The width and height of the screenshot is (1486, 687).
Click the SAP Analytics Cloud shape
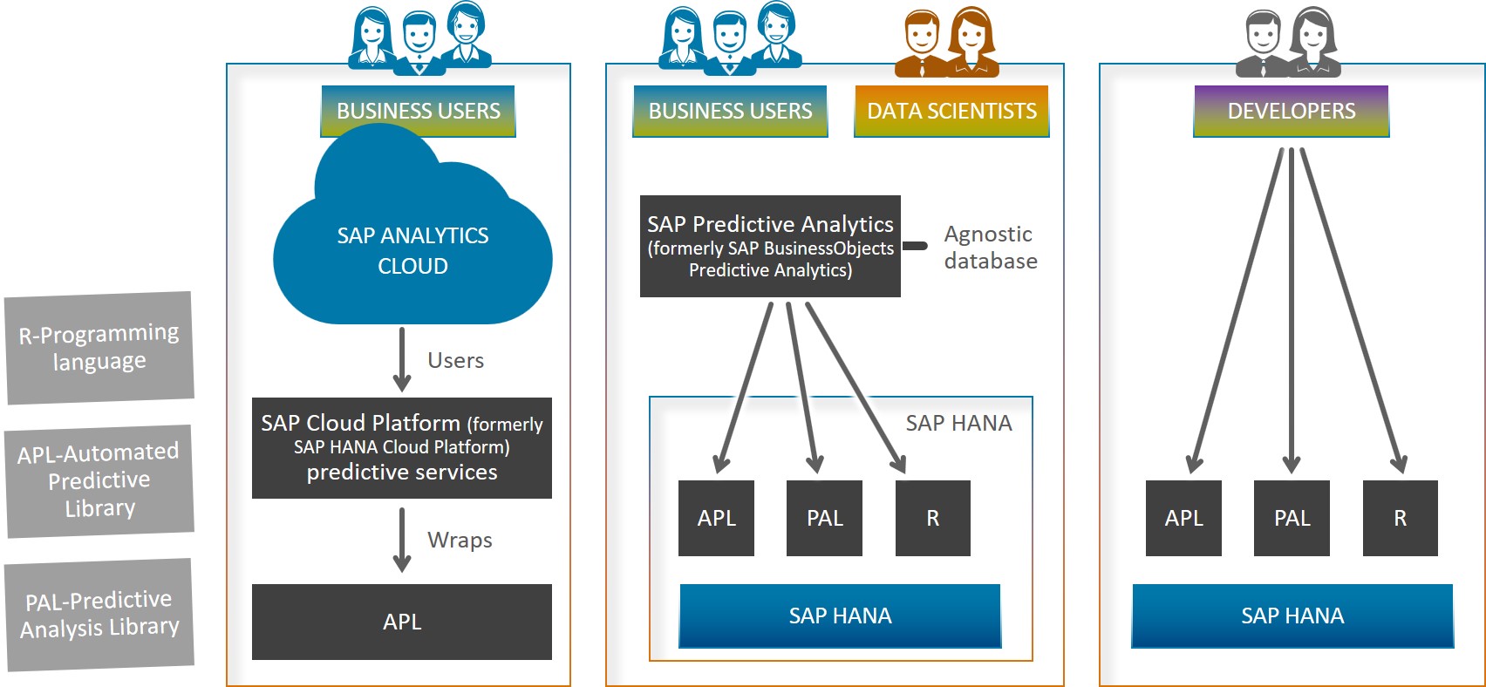click(412, 248)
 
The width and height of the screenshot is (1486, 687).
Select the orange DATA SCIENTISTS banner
click(951, 111)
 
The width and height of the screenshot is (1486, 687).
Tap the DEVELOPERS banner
click(1291, 111)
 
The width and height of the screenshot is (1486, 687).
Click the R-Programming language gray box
click(99, 348)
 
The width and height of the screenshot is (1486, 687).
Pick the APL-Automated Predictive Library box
click(99, 480)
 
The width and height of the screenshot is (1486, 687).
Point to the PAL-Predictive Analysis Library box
click(99, 614)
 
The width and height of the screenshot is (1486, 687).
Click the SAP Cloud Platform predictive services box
click(402, 447)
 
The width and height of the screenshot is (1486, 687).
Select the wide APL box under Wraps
click(402, 622)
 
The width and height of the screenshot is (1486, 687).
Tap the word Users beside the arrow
click(456, 360)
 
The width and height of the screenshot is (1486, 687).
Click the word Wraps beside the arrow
click(460, 540)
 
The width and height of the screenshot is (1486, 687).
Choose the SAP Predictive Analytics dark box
click(770, 246)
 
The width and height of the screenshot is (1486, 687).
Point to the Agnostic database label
click(991, 248)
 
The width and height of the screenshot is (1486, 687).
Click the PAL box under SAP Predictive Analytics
click(825, 518)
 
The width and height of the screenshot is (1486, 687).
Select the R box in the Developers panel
click(1401, 518)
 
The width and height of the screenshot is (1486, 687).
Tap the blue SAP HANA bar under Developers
click(1293, 616)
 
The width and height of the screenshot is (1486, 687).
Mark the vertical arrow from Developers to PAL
click(1291, 310)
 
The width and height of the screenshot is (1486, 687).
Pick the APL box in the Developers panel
click(1183, 518)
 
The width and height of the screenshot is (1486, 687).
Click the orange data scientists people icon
click(947, 43)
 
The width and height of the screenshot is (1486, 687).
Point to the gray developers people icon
click(1288, 43)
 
